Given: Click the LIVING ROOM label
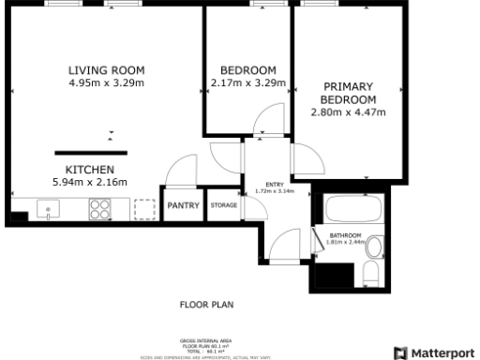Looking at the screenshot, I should (x=106, y=70).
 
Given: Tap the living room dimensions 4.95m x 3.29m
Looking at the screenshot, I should (x=106, y=83).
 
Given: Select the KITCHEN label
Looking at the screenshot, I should (x=90, y=170).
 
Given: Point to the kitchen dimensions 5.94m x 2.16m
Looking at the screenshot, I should (x=90, y=182).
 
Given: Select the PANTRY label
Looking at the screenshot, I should (x=183, y=205).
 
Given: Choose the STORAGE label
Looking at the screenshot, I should (x=223, y=205).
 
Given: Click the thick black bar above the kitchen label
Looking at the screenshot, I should (x=90, y=152).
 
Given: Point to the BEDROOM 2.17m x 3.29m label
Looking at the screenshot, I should (x=247, y=77).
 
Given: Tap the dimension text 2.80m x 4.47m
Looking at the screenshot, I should (x=349, y=112).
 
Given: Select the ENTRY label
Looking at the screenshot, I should (x=275, y=185).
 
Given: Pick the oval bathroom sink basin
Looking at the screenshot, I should (x=374, y=247).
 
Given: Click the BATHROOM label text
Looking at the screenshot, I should (x=344, y=235).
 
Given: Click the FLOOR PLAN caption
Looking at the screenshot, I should (x=206, y=305).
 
